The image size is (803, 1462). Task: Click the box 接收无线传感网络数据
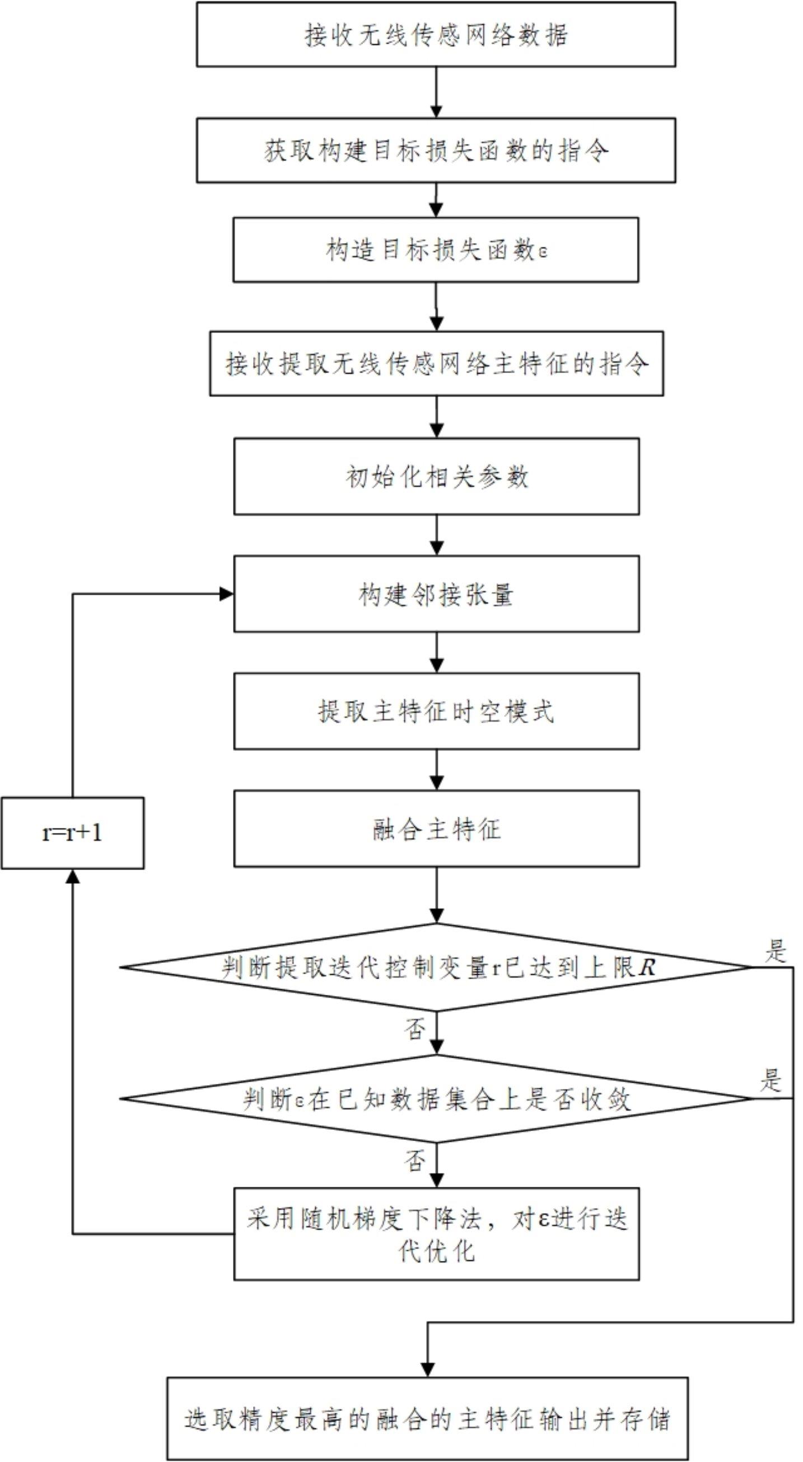click(436, 35)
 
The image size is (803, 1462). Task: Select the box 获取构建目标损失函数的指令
click(436, 150)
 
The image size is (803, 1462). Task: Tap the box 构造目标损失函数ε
click(436, 250)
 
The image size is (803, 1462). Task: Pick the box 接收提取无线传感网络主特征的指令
click(436, 364)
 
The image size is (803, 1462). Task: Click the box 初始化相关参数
click(436, 476)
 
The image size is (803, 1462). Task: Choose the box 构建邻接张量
click(436, 594)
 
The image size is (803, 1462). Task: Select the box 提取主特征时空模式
click(436, 711)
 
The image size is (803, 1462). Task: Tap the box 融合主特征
click(436, 828)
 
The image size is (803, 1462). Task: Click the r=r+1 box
click(73, 833)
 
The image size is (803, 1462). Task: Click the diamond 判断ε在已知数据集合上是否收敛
click(436, 1099)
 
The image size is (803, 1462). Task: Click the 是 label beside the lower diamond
click(771, 1081)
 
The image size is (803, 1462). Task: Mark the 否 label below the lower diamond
click(415, 1161)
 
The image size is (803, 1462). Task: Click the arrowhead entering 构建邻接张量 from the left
click(226, 594)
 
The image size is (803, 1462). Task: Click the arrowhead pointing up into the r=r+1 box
click(73, 877)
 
